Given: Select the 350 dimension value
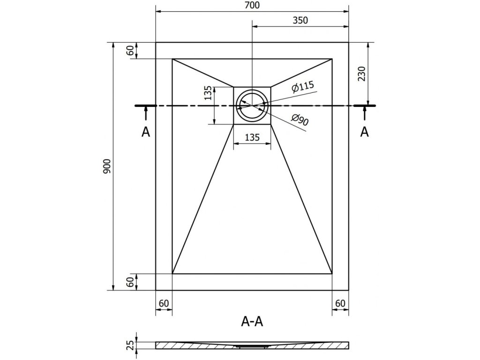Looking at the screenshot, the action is coord(300,20).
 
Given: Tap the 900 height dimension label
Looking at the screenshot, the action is coord(106,167).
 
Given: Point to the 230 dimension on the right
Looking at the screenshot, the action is coord(361,73).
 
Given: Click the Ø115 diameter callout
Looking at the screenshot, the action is coord(302,87).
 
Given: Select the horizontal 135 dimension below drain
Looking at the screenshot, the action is coord(252,138).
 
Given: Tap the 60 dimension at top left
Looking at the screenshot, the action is coord(130,50).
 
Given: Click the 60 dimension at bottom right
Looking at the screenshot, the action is coord(340,303).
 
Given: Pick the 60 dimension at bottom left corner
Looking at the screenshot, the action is coord(164,303).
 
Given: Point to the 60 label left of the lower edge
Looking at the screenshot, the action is coord(130,282).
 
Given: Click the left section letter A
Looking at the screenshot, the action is coord(146,133).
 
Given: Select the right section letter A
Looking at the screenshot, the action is coord(364,133).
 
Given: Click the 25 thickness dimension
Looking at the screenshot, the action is coord(131,345).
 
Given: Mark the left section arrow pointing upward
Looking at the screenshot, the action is coord(146,113).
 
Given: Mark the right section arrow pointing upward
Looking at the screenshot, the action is coord(364,113).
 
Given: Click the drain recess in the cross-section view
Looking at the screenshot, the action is coord(252,346).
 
